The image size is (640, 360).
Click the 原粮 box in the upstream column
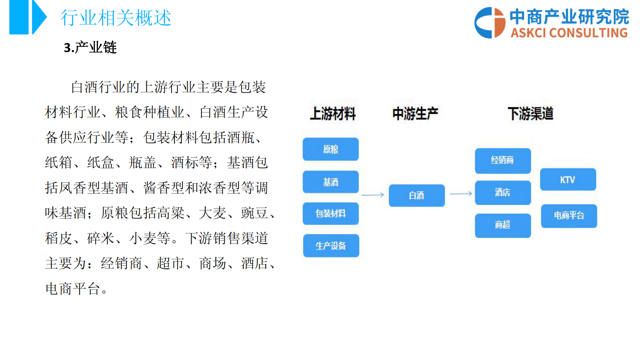331,149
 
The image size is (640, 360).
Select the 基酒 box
331,182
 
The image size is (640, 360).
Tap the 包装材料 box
331,213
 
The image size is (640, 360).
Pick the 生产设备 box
331,246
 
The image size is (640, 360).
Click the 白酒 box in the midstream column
417,196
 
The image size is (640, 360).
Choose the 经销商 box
502,160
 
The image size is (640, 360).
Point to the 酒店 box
502,193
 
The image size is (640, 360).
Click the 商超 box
502,225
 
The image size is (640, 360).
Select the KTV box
568,180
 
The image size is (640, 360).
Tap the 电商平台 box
569,216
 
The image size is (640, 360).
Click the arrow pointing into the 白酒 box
373,195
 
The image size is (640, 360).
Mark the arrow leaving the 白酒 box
461,194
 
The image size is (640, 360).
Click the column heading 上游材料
333,114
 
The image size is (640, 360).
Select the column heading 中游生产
415,114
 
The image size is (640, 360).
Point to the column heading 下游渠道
530,114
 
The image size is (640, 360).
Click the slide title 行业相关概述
116,18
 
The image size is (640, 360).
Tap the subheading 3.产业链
90,48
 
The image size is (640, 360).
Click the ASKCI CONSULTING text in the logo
569,33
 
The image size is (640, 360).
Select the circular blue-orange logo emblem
490,23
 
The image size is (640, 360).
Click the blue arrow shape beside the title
39,17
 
